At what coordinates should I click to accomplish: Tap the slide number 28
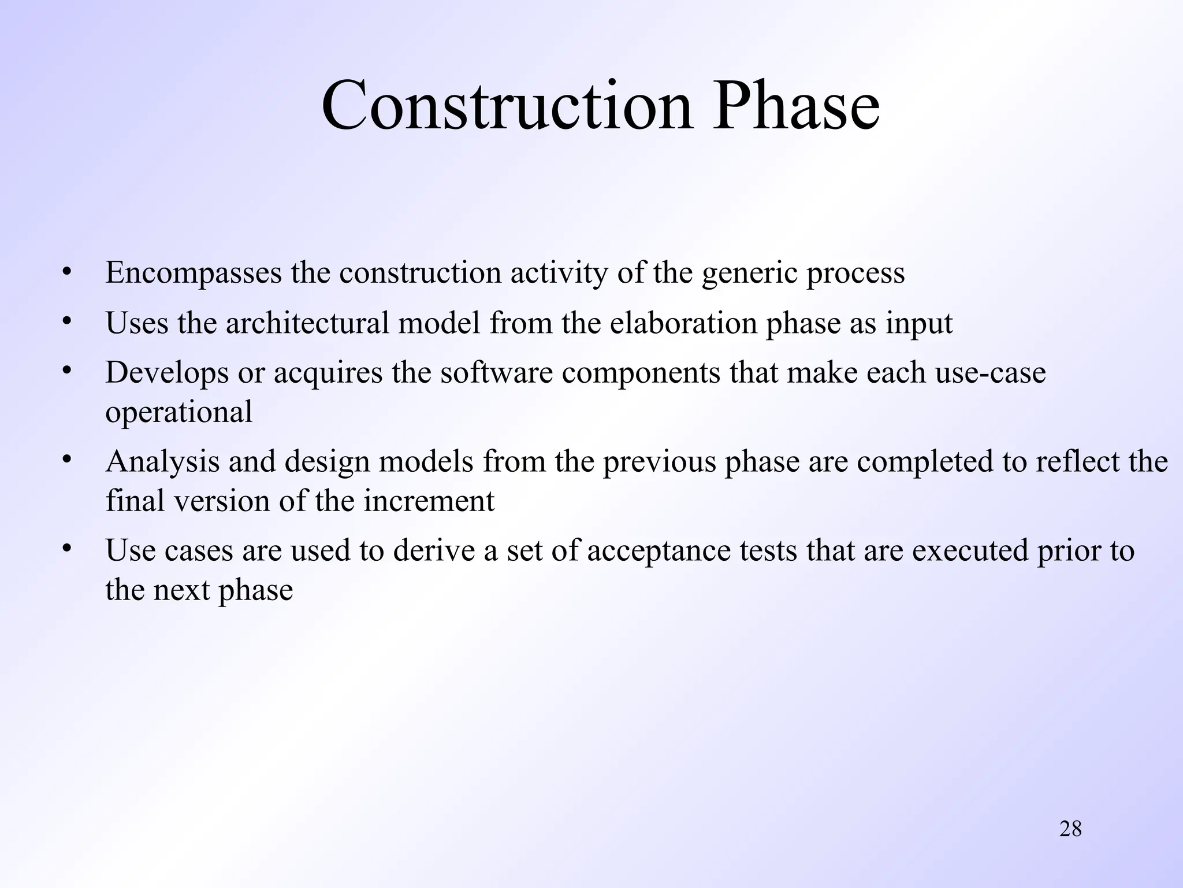tap(1070, 829)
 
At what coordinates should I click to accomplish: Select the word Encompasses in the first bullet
tap(194, 273)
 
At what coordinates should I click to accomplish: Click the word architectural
tap(307, 323)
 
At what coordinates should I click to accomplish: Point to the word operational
tap(178, 413)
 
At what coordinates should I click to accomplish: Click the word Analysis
tap(162, 462)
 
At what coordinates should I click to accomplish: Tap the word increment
tap(429, 501)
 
